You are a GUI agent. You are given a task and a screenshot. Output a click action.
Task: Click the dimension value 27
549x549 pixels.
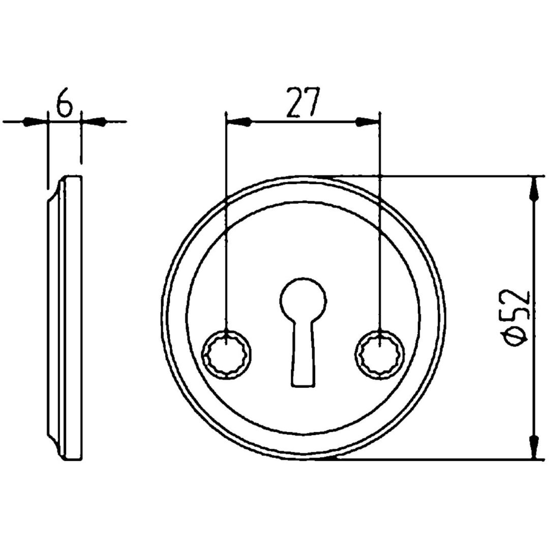[x=303, y=102]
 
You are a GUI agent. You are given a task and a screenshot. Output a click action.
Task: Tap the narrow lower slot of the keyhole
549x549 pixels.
[x=302, y=354]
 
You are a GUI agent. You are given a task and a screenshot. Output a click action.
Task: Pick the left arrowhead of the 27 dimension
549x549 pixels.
[x=239, y=122]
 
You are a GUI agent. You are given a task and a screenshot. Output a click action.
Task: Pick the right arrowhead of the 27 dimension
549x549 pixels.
[x=368, y=122]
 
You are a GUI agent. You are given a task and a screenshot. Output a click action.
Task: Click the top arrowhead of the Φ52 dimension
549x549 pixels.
[x=534, y=190]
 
